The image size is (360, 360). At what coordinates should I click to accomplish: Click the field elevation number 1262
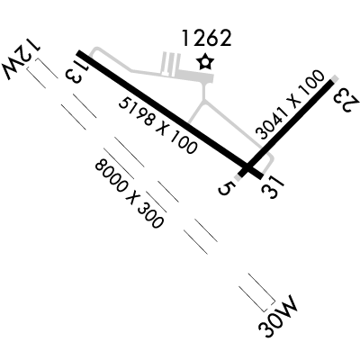[207, 38]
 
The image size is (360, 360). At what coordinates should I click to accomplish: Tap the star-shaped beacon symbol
[205, 62]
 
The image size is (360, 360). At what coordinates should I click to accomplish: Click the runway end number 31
[272, 186]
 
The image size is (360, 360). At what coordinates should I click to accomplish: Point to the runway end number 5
[226, 188]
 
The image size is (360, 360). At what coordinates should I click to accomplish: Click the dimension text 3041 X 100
[291, 105]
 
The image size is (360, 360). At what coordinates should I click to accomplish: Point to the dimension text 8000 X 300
[130, 193]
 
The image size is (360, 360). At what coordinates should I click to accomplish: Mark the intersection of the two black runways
[247, 166]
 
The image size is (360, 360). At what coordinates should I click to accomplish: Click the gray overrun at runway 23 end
[335, 78]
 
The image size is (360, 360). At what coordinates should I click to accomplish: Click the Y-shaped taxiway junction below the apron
[204, 101]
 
